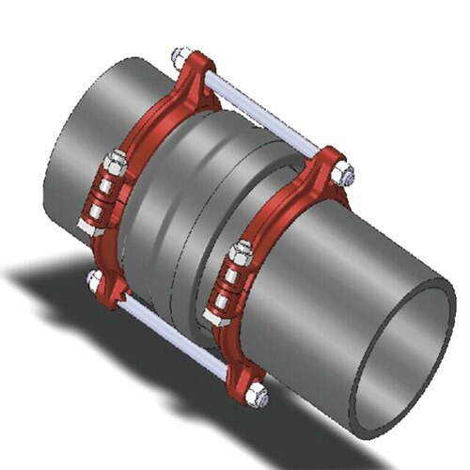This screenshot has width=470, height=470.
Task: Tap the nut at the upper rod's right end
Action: click(x=346, y=174)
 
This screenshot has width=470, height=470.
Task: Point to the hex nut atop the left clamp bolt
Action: click(x=117, y=162)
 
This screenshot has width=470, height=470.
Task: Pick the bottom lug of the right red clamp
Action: click(x=246, y=376)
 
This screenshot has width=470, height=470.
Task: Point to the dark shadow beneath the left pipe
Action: click(x=56, y=282)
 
